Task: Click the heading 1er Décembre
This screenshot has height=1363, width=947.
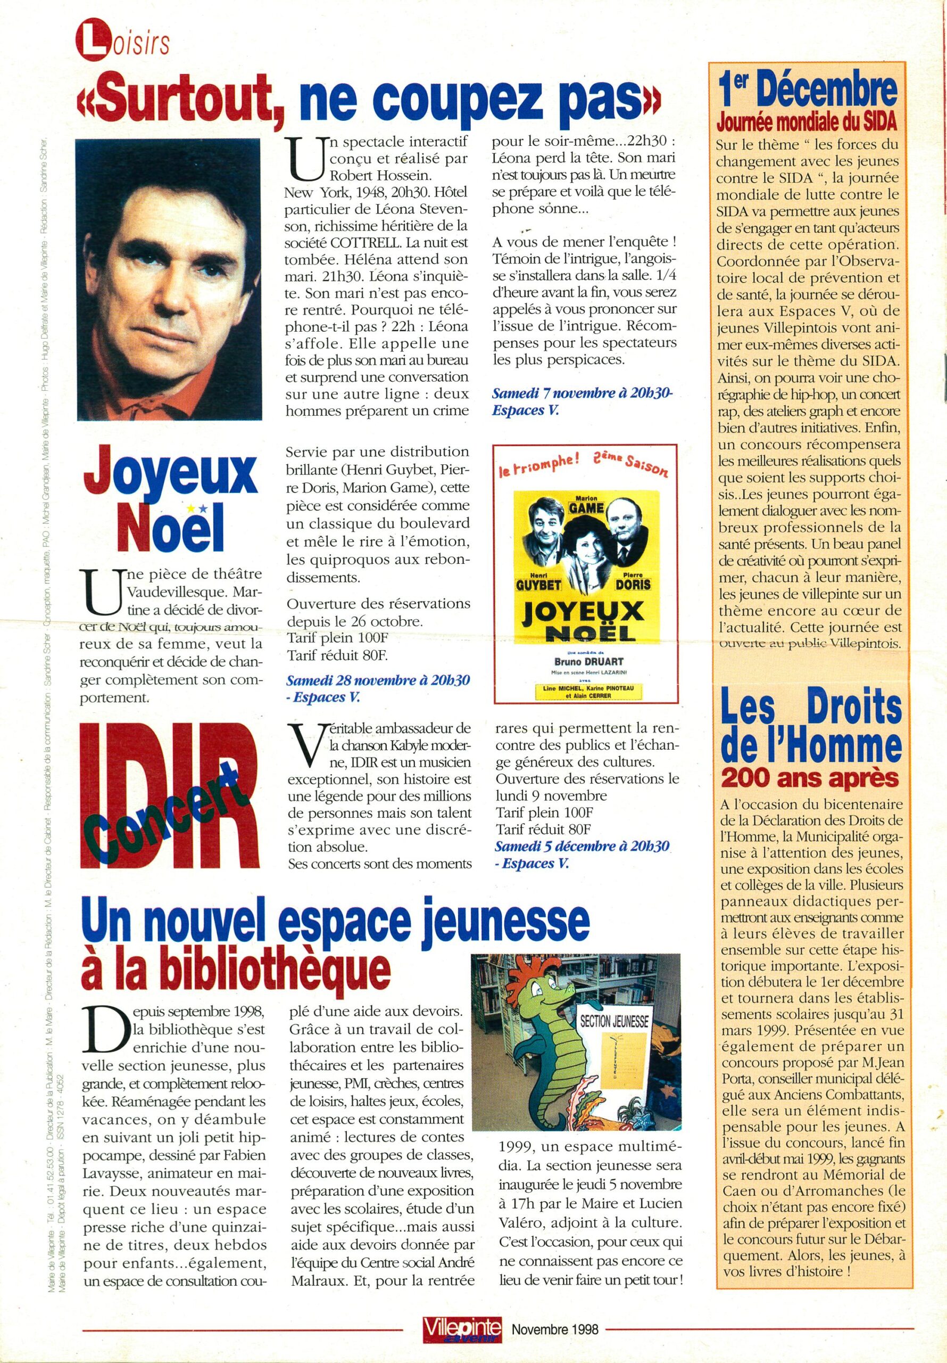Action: pos(809,89)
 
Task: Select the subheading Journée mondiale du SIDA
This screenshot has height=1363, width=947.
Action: pos(808,122)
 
